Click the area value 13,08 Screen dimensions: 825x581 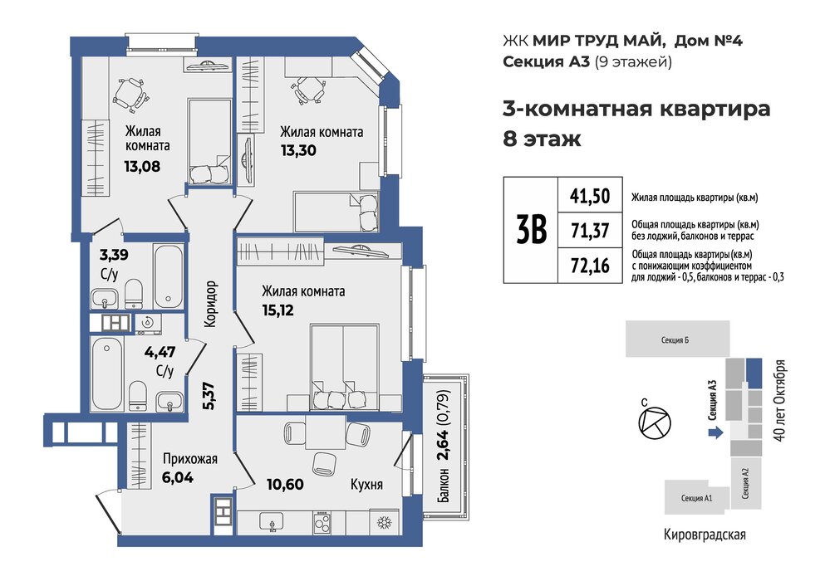click(x=142, y=167)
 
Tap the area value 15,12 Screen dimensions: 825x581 click(x=277, y=310)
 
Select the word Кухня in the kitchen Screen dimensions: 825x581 click(x=366, y=484)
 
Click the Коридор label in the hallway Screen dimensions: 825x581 click(x=210, y=304)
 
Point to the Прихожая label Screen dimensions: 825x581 click(x=190, y=459)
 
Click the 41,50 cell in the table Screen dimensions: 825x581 click(x=590, y=196)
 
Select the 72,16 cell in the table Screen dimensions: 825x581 click(x=590, y=266)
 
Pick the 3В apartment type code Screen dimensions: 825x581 click(x=531, y=230)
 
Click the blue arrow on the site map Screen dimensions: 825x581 click(x=715, y=432)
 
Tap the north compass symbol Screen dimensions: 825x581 click(x=655, y=422)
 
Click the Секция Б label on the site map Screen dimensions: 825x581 click(x=675, y=340)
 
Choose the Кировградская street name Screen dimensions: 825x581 click(x=705, y=535)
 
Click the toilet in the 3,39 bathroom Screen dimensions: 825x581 click(x=134, y=293)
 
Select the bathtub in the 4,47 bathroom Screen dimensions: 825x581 click(x=107, y=373)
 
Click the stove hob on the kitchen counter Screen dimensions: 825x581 click(x=322, y=523)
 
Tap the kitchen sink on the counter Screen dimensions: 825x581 click(x=272, y=522)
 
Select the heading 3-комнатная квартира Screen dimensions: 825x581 click(x=636, y=109)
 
